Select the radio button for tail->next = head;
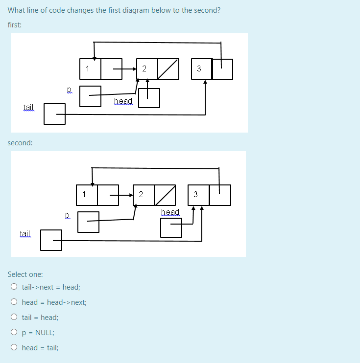14,287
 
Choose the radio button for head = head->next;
14,302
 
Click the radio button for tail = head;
14,318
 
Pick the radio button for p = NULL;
14,333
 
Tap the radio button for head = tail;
14,348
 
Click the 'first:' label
15,24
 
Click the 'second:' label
20,143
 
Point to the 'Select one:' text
25,274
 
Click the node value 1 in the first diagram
88,69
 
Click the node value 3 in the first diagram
199,69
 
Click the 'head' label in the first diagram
123,101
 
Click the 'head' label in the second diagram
170,212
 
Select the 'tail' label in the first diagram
28,107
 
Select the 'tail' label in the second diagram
25,234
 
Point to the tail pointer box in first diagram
54,114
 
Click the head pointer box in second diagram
171,227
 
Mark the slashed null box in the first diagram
168,69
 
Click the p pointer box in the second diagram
88,222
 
